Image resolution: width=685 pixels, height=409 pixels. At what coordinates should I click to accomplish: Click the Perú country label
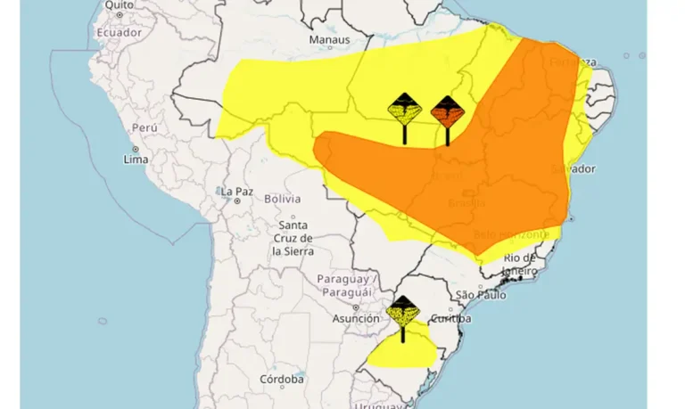tap(144, 127)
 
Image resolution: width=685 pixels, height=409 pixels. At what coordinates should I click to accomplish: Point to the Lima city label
tap(135, 160)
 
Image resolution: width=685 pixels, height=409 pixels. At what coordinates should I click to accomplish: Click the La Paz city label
tap(237, 191)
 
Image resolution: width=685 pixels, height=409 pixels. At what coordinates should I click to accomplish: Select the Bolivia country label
tap(283, 199)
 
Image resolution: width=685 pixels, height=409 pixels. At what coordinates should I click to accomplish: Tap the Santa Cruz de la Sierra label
tap(293, 238)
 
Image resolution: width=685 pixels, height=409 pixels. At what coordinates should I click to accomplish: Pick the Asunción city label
tap(356, 318)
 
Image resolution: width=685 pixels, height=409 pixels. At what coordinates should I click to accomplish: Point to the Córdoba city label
tap(282, 379)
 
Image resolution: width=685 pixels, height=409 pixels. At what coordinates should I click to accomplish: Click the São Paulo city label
tap(481, 295)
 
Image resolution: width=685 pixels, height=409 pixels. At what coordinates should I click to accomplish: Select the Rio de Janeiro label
tap(520, 265)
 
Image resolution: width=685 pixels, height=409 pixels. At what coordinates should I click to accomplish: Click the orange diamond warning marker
tap(447, 113)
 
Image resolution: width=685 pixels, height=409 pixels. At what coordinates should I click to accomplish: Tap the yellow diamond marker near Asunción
tap(403, 313)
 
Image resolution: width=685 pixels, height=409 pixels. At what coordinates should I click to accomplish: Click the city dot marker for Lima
tap(135, 149)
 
